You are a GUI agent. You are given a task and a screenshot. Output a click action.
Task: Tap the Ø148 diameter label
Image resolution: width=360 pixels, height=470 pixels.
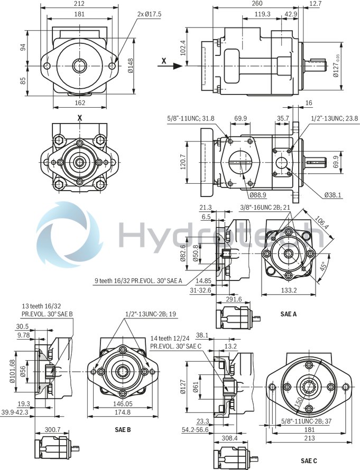click(131, 65)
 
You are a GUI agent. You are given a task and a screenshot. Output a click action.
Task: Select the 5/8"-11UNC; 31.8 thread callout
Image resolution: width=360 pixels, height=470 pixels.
click(191, 118)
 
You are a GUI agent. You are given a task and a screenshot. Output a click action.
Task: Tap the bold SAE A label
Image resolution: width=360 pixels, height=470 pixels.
click(288, 314)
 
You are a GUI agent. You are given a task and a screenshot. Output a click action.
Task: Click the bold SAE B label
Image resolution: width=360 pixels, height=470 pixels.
click(123, 429)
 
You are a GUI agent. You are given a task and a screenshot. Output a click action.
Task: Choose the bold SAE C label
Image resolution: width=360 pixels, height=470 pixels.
click(309, 462)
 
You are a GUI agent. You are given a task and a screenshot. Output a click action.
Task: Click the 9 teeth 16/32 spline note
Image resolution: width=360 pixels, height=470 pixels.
click(139, 281)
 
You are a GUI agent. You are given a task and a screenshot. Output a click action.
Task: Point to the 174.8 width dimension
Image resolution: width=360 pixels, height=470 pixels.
click(123, 412)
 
